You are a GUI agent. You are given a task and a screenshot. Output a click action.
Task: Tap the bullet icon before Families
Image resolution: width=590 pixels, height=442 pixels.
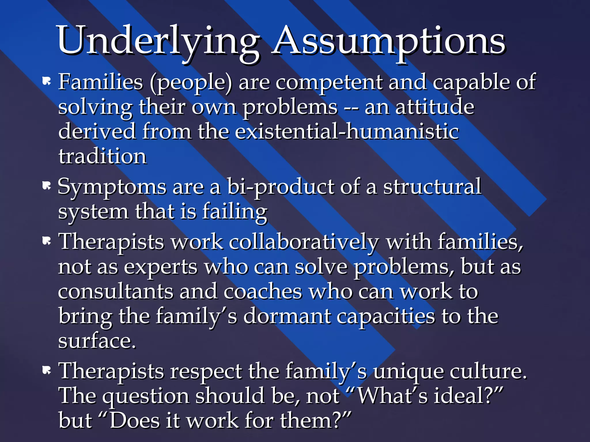pos(46,81)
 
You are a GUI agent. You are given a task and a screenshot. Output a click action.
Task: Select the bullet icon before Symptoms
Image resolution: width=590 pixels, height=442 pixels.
pos(46,186)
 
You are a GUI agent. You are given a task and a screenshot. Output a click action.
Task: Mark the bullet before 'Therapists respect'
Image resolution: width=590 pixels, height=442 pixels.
pos(46,370)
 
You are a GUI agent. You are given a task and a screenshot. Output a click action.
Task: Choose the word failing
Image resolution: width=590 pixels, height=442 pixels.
pos(235,212)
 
